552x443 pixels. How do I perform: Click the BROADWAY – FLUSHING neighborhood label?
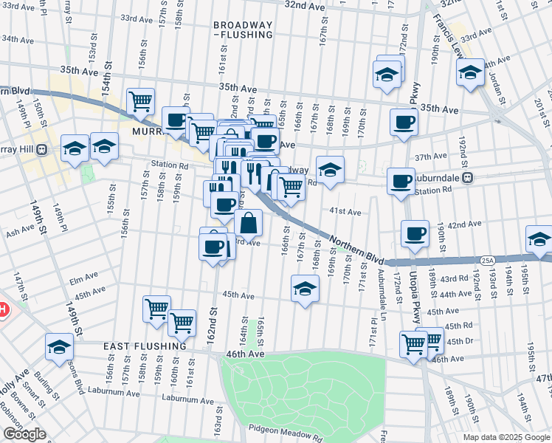[243, 30]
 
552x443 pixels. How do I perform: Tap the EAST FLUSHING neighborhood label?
[145, 346]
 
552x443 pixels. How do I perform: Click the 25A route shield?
[487, 260]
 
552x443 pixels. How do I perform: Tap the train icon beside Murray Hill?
[42, 149]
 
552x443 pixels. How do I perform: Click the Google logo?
[24, 434]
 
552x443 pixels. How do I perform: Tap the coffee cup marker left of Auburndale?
[401, 181]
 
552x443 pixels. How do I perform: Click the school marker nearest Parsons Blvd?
[59, 347]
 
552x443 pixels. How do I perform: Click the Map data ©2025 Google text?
[506, 437]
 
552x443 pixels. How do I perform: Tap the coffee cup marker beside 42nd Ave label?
[415, 233]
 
